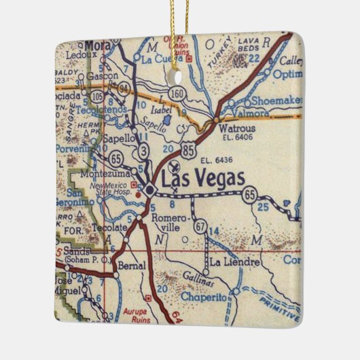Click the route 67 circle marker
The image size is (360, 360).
click(x=200, y=225)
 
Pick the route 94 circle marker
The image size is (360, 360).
click(x=123, y=88)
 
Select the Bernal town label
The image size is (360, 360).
click(x=131, y=266)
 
